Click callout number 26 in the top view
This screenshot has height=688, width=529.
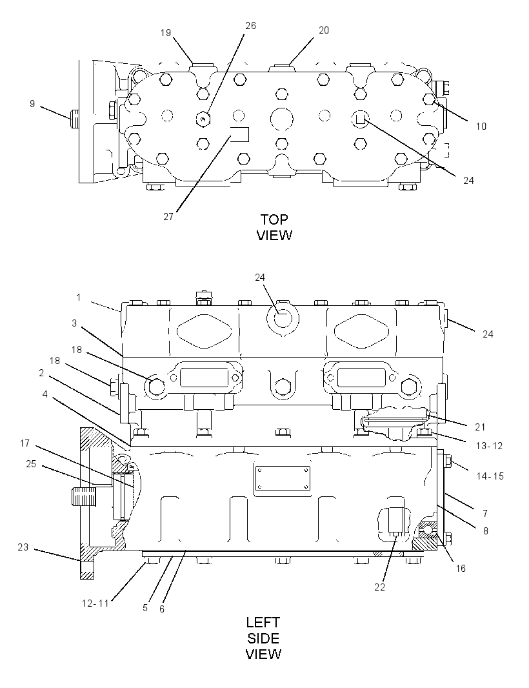coord(250,26)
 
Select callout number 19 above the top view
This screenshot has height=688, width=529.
coord(166,33)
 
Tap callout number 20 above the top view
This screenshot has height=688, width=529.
coord(324,30)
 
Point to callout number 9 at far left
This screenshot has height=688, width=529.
coord(32,104)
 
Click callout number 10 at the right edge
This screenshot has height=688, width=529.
coord(481,126)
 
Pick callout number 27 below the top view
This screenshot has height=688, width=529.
coord(168,217)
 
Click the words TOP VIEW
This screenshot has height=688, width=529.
coord(274,227)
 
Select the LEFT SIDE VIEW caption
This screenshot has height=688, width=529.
coord(263,638)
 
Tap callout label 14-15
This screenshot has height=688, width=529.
coord(490,476)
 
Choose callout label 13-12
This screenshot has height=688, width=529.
coord(489,446)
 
